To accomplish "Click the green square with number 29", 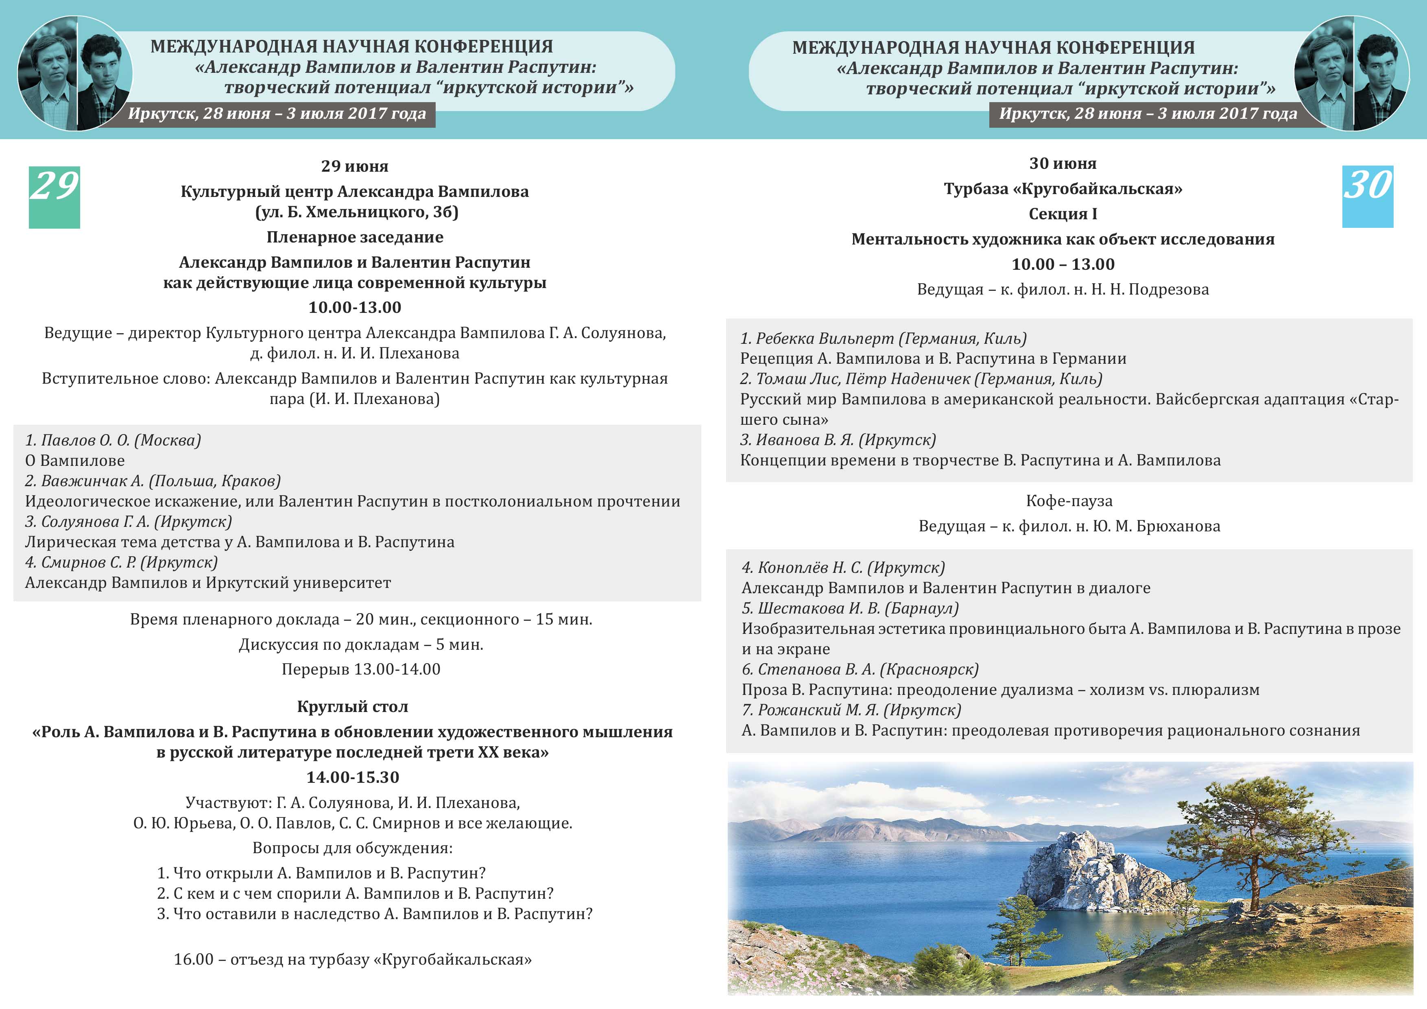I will click(x=54, y=197).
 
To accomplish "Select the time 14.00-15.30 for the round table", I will click(x=352, y=777).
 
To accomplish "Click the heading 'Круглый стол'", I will click(x=352, y=706).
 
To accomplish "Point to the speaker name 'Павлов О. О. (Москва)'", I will click(x=113, y=440).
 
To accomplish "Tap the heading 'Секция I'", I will click(x=1063, y=214).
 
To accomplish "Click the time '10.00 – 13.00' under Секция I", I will click(x=1063, y=264).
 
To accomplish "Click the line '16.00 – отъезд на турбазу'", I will click(x=352, y=959).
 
